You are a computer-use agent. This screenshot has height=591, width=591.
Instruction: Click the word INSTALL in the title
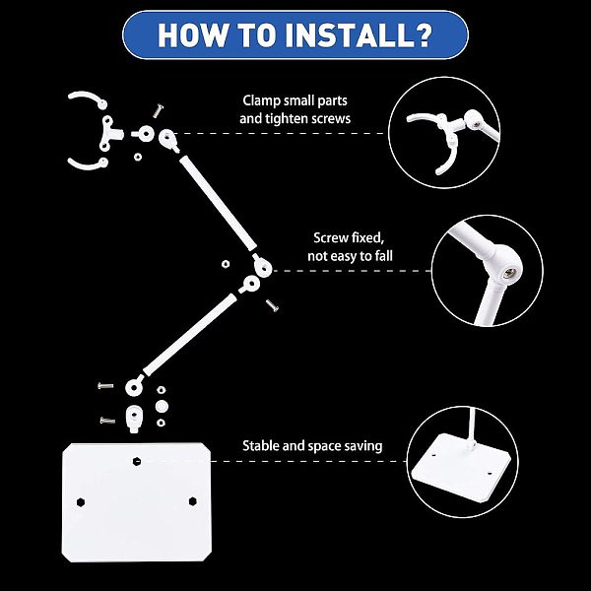[x=349, y=35]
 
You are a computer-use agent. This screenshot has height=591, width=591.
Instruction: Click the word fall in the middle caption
[x=384, y=256]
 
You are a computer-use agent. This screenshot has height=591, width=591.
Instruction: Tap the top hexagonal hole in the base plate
[x=137, y=461]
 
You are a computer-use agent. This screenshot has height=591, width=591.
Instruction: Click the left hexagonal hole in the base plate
[x=81, y=502]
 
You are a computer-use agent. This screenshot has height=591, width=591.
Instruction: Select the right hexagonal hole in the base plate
[x=193, y=501]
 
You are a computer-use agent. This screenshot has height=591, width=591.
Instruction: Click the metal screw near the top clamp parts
[x=159, y=110]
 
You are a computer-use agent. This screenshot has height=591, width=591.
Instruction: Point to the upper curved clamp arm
[x=89, y=98]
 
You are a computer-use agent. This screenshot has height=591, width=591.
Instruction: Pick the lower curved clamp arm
[x=89, y=164]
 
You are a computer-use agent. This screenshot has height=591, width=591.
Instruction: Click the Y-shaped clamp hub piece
[x=109, y=133]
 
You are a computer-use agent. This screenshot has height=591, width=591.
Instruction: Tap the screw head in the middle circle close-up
[x=510, y=272]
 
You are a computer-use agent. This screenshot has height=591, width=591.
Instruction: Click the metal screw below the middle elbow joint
[x=272, y=305]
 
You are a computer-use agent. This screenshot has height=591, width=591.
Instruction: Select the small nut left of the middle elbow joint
[x=226, y=264]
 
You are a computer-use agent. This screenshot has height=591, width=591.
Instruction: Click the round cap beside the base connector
[x=162, y=406]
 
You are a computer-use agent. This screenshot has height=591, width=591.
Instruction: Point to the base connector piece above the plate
[x=133, y=419]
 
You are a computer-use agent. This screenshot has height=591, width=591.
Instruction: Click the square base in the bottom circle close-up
[x=461, y=467]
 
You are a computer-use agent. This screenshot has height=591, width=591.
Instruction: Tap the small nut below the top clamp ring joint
[x=138, y=157]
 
